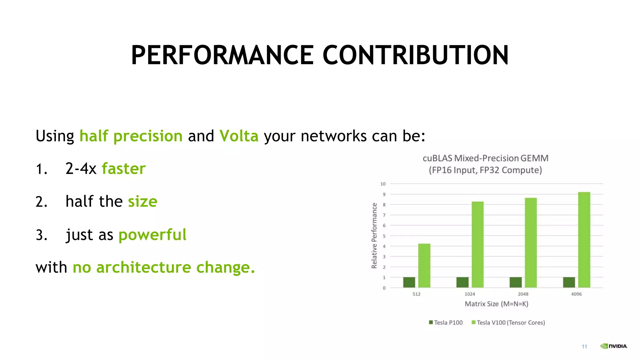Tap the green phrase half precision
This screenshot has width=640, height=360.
[131, 136]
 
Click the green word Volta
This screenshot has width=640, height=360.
[239, 136]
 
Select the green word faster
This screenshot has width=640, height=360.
[124, 169]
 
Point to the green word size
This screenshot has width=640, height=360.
[142, 202]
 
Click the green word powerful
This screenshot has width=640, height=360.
[152, 235]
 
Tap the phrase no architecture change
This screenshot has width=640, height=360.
[164, 267]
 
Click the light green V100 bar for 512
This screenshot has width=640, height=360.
[424, 266]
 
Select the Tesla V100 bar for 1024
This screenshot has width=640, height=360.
[477, 244]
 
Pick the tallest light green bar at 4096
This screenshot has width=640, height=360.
[584, 240]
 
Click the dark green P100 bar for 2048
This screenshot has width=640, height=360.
[516, 282]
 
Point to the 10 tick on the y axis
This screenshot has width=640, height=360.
[383, 184]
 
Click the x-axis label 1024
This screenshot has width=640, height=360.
[470, 294]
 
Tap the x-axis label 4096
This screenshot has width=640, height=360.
[576, 294]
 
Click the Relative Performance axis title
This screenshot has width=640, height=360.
[374, 236]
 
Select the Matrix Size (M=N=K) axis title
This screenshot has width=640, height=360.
[496, 304]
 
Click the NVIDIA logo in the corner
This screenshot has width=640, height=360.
[613, 346]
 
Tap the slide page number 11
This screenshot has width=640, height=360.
[584, 346]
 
